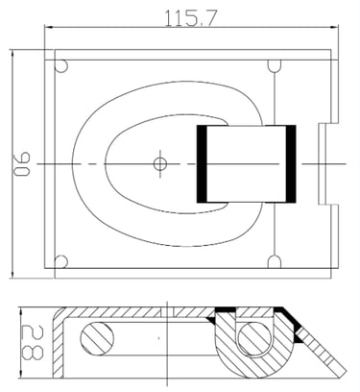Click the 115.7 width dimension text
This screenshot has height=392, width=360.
(x=191, y=18)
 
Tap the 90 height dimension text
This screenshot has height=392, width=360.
(x=22, y=164)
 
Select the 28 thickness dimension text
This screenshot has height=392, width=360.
(x=33, y=342)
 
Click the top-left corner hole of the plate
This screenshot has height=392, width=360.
(x=61, y=66)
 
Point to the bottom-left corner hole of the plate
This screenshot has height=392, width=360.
(x=61, y=261)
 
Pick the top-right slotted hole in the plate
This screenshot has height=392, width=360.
(x=275, y=66)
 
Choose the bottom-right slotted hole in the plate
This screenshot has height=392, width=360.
(x=275, y=261)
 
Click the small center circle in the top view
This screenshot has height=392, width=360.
(x=160, y=164)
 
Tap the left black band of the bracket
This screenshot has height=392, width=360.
(x=202, y=164)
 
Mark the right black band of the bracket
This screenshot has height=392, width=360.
(x=291, y=164)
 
